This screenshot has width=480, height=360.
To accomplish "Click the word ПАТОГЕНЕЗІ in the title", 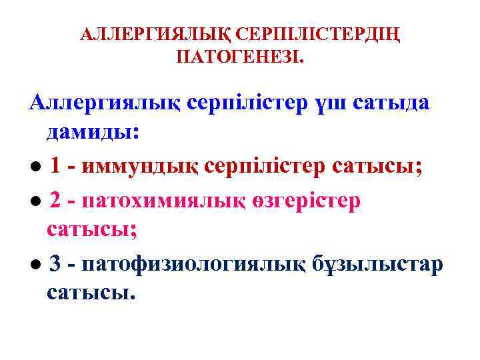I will click(x=239, y=59).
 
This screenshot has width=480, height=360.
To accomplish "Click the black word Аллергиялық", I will click(x=103, y=104).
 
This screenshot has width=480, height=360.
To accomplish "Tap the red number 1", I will click(x=56, y=165).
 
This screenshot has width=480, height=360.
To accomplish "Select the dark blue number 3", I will click(x=56, y=264).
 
